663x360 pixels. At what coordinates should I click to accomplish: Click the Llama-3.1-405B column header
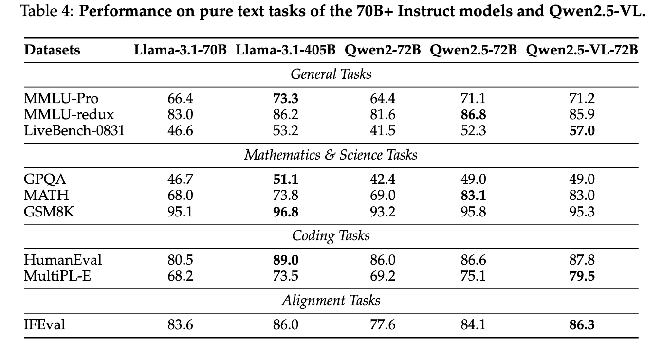286,50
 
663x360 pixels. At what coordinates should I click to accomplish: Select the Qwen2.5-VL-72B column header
582,50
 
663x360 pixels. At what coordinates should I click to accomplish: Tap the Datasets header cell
52,50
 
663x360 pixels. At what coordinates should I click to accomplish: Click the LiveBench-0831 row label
74,131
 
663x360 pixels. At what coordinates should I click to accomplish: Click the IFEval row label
44,324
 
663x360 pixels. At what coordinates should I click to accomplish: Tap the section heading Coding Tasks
331,236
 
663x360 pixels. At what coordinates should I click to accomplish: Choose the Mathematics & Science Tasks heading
331,155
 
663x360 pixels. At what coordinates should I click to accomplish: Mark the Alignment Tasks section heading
331,300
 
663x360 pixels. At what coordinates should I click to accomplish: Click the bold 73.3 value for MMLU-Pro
286,99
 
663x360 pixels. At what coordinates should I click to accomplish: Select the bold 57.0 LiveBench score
582,131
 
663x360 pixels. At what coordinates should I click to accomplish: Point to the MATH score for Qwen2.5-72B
473,196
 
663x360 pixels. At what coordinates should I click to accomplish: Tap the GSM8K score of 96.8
286,212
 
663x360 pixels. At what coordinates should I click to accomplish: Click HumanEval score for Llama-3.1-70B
180,260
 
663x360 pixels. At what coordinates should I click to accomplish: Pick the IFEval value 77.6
383,324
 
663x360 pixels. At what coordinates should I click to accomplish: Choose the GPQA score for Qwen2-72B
383,180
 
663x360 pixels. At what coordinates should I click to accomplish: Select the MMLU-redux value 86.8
473,115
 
